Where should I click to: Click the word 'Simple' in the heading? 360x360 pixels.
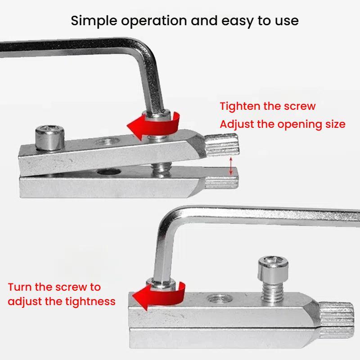[94, 21]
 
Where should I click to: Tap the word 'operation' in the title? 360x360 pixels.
[154, 21]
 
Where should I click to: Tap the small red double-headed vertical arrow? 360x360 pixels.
[231, 166]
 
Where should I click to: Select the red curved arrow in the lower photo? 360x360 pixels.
[159, 296]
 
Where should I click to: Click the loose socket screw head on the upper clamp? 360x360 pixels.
[50, 137]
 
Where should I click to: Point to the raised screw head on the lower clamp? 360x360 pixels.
[273, 269]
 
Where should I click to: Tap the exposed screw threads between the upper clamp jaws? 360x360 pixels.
[161, 168]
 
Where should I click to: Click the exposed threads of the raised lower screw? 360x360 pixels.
[273, 291]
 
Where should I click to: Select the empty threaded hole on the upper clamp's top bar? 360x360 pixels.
[108, 141]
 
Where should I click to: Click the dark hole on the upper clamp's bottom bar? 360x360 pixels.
[109, 172]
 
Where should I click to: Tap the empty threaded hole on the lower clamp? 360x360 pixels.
[219, 299]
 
